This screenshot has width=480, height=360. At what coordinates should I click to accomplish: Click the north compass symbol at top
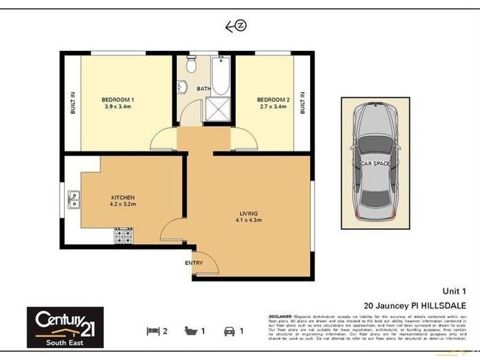click(x=236, y=26)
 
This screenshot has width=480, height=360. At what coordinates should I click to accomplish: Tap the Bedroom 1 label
click(x=116, y=100)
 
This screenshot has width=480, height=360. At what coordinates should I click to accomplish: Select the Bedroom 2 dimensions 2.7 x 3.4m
click(x=271, y=107)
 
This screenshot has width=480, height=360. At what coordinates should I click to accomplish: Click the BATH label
click(x=205, y=89)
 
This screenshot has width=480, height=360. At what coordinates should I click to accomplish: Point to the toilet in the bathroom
click(x=191, y=62)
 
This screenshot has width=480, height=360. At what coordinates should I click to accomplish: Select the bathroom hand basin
click(x=182, y=88)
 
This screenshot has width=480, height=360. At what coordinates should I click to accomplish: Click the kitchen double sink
click(x=75, y=199)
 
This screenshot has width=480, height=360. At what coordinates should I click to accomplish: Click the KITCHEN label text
click(x=122, y=197)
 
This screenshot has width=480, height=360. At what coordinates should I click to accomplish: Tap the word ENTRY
click(x=194, y=263)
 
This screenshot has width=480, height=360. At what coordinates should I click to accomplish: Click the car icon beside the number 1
click(x=229, y=331)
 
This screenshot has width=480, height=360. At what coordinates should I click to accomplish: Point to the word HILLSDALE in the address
click(x=440, y=304)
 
